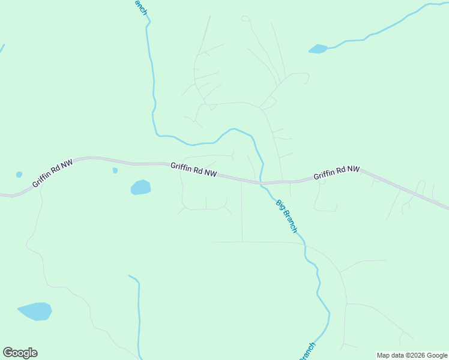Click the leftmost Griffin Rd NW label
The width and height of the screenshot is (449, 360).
52,173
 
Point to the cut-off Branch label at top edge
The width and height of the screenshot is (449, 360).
140,7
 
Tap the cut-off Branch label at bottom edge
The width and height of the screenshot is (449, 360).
307,352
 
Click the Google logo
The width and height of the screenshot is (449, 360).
20,353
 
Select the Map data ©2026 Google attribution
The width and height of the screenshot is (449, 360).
412,355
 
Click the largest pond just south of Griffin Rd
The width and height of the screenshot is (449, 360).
140,188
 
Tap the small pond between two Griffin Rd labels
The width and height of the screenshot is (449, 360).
115,170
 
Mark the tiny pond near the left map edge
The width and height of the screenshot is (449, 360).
19,175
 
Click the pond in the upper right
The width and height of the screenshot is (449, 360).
318,49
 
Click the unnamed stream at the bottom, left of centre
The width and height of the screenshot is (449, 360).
139,312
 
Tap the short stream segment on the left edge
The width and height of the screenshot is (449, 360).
2,49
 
